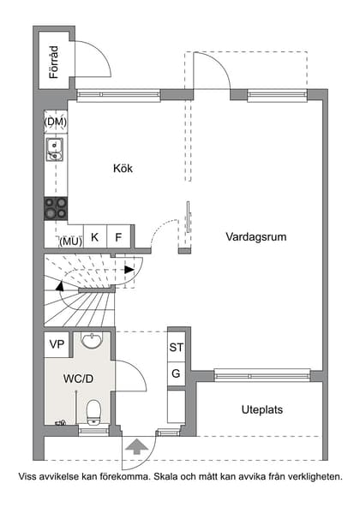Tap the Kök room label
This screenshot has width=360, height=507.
123,168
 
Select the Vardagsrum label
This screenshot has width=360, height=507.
256,236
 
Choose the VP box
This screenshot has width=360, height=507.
57,344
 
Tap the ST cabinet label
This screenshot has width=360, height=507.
177,348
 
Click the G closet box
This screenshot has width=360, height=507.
177,373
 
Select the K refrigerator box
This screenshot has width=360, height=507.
94,237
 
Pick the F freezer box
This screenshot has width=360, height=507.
118,237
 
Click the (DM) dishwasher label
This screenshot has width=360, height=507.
56,122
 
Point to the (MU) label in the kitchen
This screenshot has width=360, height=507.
69,241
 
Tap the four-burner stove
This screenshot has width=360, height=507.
56,207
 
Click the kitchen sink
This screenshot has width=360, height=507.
56,152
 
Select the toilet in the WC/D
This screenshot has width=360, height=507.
93,411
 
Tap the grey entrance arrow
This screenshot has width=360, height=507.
135,444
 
